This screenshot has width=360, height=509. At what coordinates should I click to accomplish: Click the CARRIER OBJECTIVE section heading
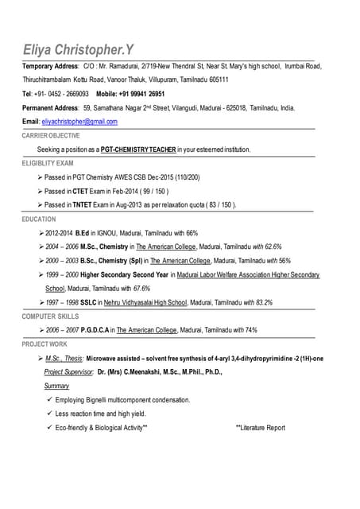(x=51, y=136)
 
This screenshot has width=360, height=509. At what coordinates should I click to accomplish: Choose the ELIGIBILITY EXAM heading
(x=48, y=163)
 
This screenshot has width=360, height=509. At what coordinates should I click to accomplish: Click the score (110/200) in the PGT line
(x=186, y=177)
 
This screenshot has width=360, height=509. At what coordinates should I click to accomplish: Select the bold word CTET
(x=83, y=192)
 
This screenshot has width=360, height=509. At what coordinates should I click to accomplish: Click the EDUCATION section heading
(x=39, y=219)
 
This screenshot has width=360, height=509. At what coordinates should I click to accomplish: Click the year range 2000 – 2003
(x=62, y=261)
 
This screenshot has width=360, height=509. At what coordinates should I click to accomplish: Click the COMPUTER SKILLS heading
(x=50, y=317)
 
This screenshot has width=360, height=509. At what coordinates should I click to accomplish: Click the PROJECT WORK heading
(x=45, y=344)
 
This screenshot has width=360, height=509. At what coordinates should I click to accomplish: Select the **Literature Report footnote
(x=261, y=428)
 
